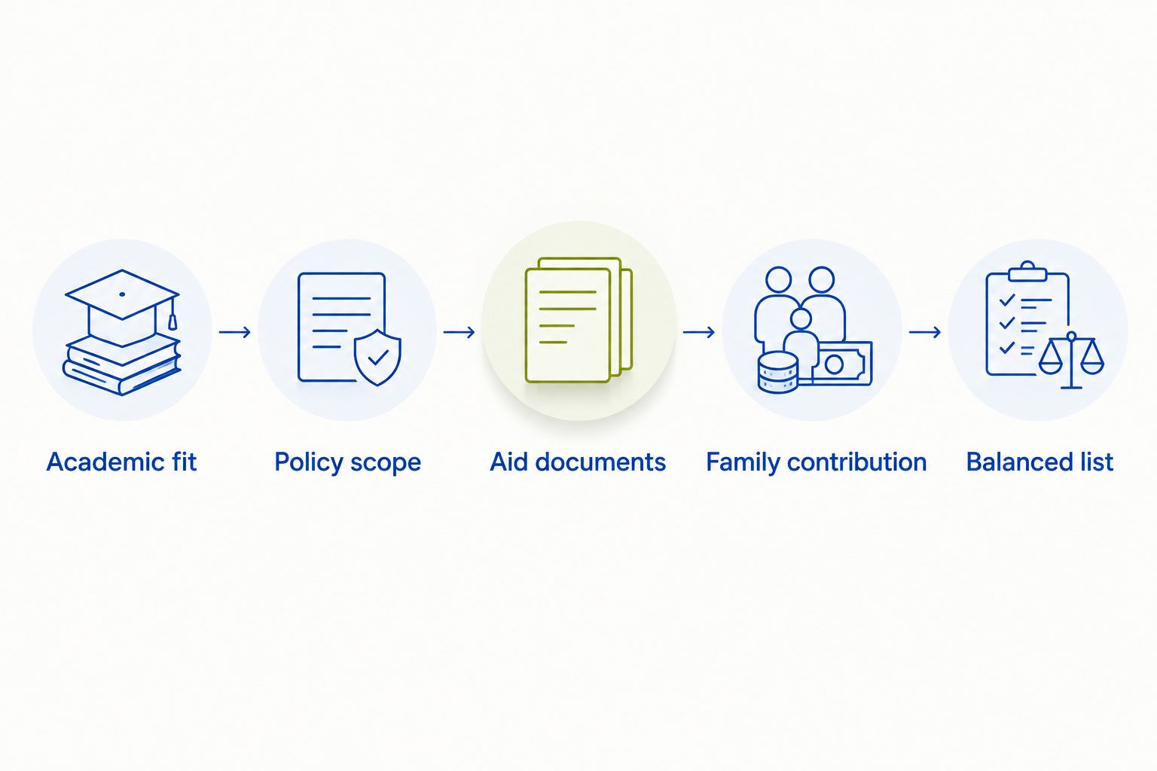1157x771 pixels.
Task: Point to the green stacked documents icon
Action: [578, 320]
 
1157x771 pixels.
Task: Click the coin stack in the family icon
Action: [778, 372]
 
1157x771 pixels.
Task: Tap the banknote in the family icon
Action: [842, 364]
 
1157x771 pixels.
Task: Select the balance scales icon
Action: [1071, 359]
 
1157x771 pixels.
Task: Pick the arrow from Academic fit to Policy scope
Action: [235, 331]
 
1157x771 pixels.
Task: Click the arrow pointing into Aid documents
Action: [459, 331]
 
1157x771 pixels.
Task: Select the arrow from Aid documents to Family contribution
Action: [699, 331]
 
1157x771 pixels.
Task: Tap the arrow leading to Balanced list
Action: [925, 331]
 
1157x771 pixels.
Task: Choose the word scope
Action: [386, 463]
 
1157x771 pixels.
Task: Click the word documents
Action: [600, 462]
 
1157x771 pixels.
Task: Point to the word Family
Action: [743, 463]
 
